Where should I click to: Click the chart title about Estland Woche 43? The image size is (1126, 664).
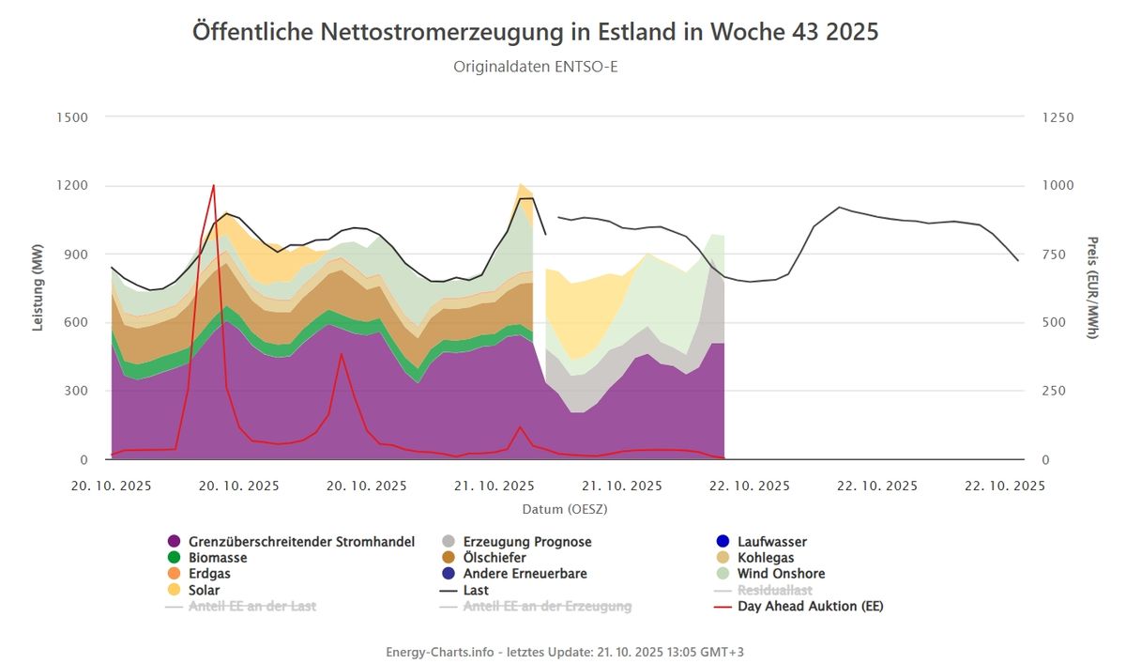click(535, 31)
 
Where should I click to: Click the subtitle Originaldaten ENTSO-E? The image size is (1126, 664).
click(535, 67)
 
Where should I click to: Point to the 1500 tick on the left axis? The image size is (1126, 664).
click(72, 117)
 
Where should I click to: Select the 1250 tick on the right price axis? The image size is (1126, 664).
click(1058, 117)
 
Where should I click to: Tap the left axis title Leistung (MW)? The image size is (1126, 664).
click(38, 288)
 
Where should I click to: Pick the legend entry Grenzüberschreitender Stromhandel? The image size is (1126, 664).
click(301, 542)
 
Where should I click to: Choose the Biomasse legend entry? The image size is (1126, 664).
click(218, 558)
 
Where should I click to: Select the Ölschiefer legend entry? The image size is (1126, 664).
click(495, 558)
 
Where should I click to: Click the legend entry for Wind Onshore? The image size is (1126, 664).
click(781, 574)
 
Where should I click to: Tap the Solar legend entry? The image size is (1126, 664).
click(204, 590)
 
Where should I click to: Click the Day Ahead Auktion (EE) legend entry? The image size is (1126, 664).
click(810, 606)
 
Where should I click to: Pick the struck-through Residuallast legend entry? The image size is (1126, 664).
click(774, 590)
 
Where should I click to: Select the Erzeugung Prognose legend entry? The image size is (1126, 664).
click(526, 542)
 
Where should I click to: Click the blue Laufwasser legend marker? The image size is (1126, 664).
click(723, 542)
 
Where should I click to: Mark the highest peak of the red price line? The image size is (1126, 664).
click(214, 186)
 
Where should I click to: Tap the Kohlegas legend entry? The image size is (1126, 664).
click(765, 558)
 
